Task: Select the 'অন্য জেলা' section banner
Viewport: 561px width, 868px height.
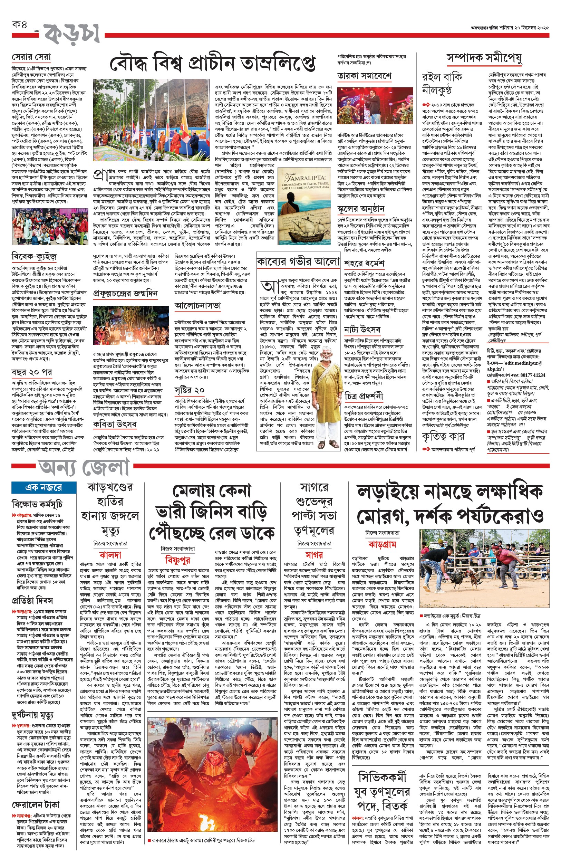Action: [x=84, y=467]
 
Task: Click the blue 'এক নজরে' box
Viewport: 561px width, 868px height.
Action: [x=44, y=487]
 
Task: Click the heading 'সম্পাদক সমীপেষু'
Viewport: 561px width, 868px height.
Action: [x=484, y=58]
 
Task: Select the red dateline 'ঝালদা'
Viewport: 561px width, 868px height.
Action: [x=110, y=555]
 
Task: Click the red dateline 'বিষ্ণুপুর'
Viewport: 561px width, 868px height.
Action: [x=177, y=559]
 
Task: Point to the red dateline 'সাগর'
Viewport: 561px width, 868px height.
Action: [x=314, y=555]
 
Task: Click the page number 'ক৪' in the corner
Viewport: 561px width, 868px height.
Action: [x=20, y=25]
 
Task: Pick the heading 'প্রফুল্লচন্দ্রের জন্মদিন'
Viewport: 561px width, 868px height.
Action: [x=125, y=294]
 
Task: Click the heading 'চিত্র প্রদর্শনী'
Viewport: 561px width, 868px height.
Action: [x=364, y=396]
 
